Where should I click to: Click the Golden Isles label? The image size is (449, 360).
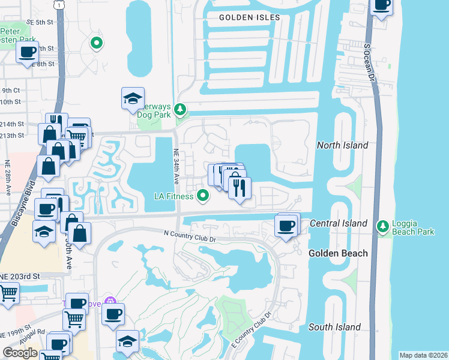(x=249, y=17)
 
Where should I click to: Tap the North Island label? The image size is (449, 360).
(x=342, y=145)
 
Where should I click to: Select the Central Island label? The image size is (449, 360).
(x=339, y=223)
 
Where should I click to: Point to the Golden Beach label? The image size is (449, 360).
(x=338, y=253)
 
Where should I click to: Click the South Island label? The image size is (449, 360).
(x=334, y=327)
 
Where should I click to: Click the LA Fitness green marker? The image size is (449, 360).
(x=203, y=195)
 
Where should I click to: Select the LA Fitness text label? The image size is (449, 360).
(x=174, y=196)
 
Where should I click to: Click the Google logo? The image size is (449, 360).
(x=20, y=353)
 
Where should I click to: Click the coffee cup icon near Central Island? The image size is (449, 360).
(x=286, y=226)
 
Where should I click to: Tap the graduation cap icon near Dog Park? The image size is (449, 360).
(x=133, y=99)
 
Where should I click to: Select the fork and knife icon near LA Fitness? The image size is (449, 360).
(x=239, y=188)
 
